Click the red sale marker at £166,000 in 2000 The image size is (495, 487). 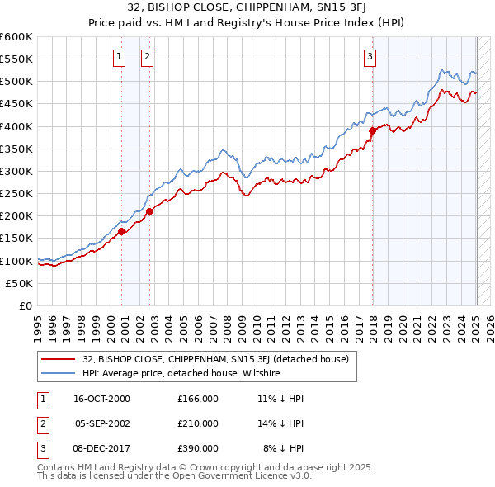click(122, 231)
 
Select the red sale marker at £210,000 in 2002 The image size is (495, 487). click(150, 211)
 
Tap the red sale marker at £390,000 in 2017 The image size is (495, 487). click(372, 130)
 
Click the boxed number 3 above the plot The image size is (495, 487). click(370, 56)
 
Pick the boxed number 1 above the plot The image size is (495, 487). click(120, 56)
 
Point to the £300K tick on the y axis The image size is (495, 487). click(17, 171)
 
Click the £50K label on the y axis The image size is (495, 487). click(20, 283)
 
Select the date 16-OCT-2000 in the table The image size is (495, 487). click(101, 399)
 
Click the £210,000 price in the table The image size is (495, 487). click(198, 423)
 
